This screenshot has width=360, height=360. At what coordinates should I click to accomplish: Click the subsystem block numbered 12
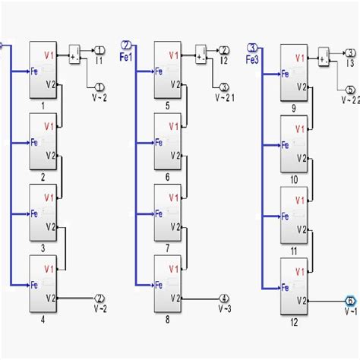[293, 286]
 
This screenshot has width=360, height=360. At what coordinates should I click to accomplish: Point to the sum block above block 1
[74, 54]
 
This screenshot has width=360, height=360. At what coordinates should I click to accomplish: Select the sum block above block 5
[201, 54]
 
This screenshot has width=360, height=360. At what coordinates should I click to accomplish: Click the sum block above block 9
[324, 55]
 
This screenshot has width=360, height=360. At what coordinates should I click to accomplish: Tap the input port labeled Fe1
[127, 45]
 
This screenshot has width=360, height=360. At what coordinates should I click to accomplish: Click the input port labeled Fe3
[252, 48]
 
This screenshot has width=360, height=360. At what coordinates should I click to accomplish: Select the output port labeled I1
[99, 51]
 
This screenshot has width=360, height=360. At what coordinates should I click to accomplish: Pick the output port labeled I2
[224, 51]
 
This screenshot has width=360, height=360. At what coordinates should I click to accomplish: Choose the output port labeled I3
[350, 52]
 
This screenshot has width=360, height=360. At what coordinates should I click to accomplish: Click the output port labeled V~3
[224, 298]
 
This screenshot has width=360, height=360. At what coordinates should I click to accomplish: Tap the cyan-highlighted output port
[350, 301]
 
